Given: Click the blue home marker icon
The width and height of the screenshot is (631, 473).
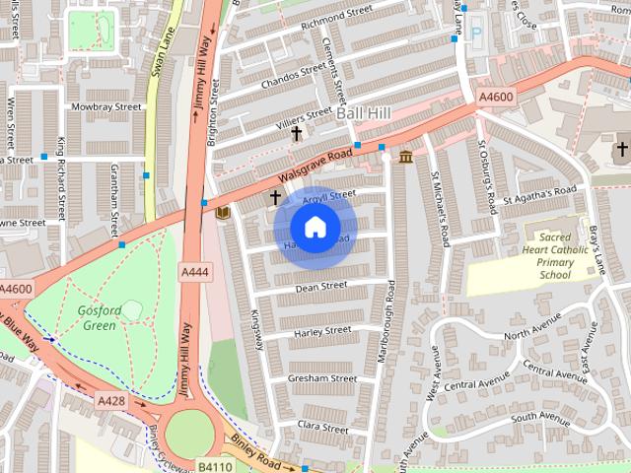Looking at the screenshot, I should pyautogui.click(x=315, y=228).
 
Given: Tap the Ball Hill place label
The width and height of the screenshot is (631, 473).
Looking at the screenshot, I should pyautogui.click(x=363, y=114).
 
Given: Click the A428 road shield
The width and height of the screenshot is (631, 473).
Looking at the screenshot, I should pyautogui.click(x=109, y=400).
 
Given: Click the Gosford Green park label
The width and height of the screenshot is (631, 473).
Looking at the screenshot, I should pyautogui.click(x=99, y=317).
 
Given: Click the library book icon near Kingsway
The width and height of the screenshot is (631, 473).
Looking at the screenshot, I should pyautogui.click(x=223, y=212).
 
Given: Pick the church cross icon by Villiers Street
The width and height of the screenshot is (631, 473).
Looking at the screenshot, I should pyautogui.click(x=296, y=133).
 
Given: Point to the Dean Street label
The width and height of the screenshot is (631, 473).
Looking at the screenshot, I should pyautogui.click(x=321, y=286).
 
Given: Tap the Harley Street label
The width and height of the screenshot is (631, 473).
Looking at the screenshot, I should pyautogui.click(x=321, y=331).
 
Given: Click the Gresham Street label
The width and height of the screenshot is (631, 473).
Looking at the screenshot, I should pyautogui.click(x=322, y=377).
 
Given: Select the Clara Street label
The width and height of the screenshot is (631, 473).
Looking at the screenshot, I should pyautogui.click(x=323, y=428).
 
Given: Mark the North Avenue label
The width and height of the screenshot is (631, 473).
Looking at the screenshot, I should pyautogui.click(x=531, y=335).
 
